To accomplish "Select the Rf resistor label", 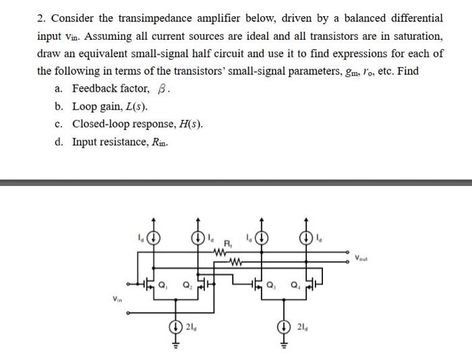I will tap(228, 245).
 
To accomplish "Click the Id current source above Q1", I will tap(155, 237).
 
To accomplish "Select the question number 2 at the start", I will tap(40, 18).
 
